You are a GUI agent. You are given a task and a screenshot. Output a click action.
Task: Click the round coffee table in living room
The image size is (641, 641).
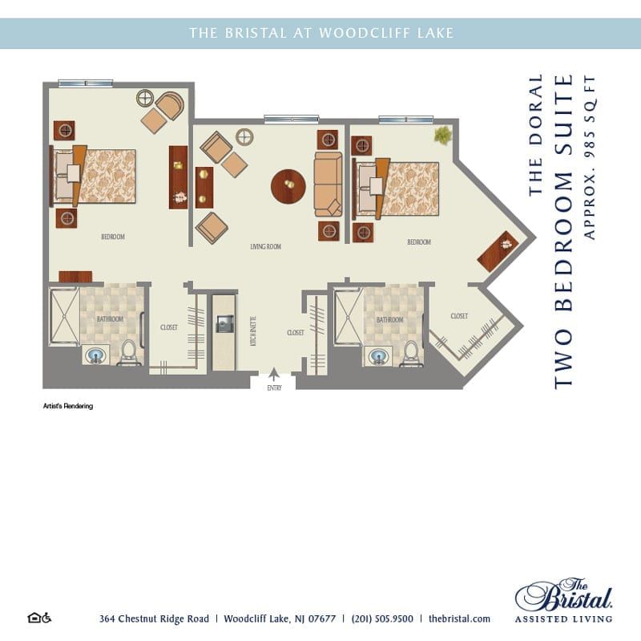pyautogui.click(x=288, y=186)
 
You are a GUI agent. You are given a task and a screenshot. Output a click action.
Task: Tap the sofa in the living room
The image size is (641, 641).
pyautogui.click(x=327, y=184)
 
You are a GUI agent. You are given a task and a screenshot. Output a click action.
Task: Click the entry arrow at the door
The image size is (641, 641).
pyautogui.click(x=273, y=374)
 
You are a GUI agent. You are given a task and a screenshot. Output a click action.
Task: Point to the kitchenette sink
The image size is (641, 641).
pyautogui.click(x=225, y=323)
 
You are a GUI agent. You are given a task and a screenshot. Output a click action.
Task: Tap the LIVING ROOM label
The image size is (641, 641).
pyautogui.click(x=265, y=246)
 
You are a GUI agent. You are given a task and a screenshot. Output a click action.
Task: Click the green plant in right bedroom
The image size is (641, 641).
pyautogui.click(x=442, y=135)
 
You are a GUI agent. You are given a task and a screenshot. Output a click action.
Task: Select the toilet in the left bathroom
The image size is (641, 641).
pyautogui.click(x=128, y=351)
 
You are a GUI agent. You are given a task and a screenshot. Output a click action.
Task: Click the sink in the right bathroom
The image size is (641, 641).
pyautogui.click(x=376, y=354)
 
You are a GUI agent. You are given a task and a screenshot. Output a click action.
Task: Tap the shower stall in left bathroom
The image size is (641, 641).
pyautogui.click(x=63, y=316)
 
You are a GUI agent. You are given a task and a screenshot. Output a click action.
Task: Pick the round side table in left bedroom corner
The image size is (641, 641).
pyautogui.click(x=145, y=99)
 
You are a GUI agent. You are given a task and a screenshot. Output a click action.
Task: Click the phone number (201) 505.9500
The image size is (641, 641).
pyautogui.click(x=382, y=619)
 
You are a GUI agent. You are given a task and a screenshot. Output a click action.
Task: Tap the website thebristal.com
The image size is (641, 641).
pyautogui.click(x=459, y=619)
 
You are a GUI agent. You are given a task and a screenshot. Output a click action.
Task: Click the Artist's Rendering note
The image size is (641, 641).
pyautogui.click(x=68, y=406)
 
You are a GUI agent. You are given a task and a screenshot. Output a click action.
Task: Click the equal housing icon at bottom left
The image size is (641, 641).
pyautogui.click(x=39, y=618)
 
